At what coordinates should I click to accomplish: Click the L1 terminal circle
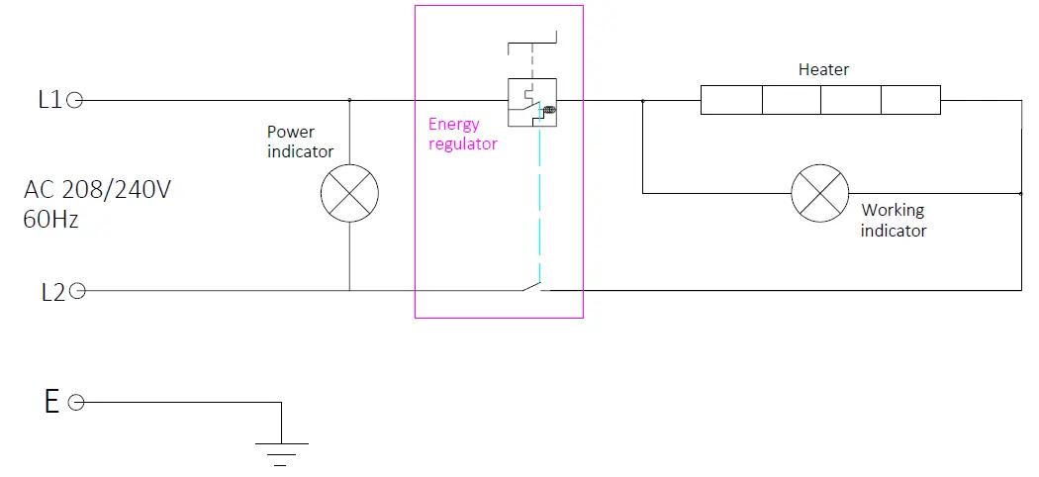pos(75,100)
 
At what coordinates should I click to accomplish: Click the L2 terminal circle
pos(77,291)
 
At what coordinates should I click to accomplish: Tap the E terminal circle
pos(76,402)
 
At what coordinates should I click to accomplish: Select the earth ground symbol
pos(282,454)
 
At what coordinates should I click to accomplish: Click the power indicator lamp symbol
pos(350,193)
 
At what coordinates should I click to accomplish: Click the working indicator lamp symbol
pos(820,193)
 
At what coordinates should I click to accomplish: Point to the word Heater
pos(823,69)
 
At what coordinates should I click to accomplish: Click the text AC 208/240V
pos(97,190)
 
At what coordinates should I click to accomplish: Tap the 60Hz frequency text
pos(51,220)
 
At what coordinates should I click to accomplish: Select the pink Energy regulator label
pos(462,134)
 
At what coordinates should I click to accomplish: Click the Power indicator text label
pos(300,142)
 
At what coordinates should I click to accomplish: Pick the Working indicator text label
pos(894,220)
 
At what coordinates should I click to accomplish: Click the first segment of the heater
pos(731,100)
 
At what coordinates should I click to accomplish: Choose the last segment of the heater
pos(910,100)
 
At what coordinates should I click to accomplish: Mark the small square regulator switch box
pos(532,102)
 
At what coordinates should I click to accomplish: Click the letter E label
pos(51,402)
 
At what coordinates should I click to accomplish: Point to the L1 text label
pos(49,100)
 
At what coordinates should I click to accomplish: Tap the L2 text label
pos(53,292)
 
